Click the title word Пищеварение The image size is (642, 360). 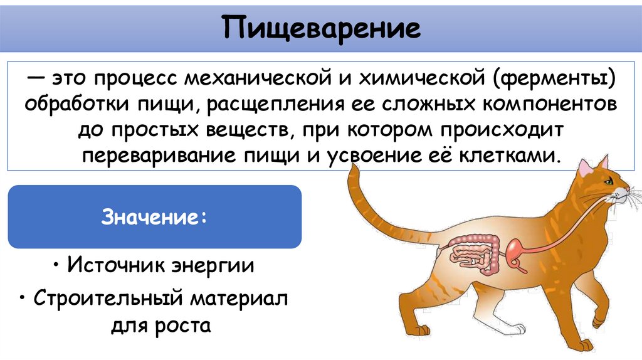coord(320,29)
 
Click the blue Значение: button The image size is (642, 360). coord(154,217)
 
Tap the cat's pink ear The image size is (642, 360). coord(584,168)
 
